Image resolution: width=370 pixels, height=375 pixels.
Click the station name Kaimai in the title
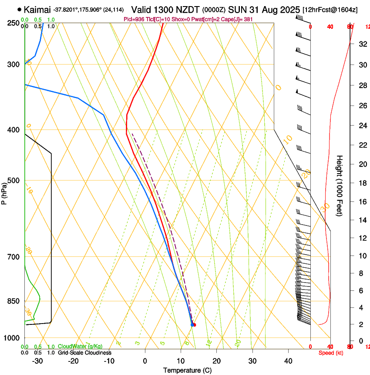pyautogui.click(x=37, y=9)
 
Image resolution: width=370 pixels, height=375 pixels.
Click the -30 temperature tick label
pyautogui.click(x=37, y=361)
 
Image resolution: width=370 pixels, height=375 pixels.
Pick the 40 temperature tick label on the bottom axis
pyautogui.click(x=288, y=361)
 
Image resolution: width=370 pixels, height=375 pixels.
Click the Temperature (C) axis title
pyautogui.click(x=187, y=370)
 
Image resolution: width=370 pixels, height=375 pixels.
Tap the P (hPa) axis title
pyautogui.click(x=4, y=192)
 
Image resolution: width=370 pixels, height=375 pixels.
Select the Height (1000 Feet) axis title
pyautogui.click(x=340, y=185)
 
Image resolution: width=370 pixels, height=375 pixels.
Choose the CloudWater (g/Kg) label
pyautogui.click(x=80, y=347)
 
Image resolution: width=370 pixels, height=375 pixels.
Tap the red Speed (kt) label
pyautogui.click(x=331, y=353)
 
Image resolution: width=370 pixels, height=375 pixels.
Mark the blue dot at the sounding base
pyautogui.click(x=192, y=324)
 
